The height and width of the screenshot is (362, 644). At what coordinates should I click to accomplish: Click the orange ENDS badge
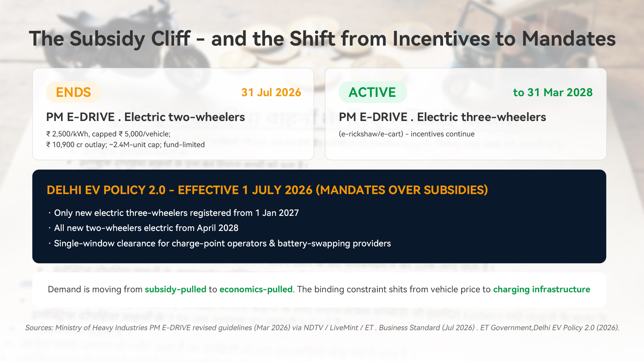pyautogui.click(x=73, y=92)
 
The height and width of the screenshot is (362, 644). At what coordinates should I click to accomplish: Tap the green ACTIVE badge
pyautogui.click(x=373, y=92)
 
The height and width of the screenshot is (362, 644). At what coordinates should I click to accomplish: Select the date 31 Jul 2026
pyautogui.click(x=271, y=93)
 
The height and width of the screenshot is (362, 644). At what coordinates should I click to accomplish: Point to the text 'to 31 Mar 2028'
pyautogui.click(x=553, y=93)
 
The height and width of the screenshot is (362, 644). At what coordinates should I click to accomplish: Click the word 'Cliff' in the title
pyautogui.click(x=171, y=39)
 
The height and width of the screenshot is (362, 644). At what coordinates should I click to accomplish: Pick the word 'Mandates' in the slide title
pyautogui.click(x=569, y=39)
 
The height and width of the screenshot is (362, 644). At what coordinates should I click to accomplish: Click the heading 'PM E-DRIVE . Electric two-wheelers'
pyautogui.click(x=146, y=117)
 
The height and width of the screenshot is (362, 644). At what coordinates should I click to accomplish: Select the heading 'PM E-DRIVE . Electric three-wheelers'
pyautogui.click(x=442, y=117)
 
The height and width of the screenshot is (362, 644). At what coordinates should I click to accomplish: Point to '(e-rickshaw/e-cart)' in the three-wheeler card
pyautogui.click(x=371, y=134)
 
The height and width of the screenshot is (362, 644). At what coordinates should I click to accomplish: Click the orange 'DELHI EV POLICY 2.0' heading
pyautogui.click(x=106, y=190)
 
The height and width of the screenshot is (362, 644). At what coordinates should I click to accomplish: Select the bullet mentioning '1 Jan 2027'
pyautogui.click(x=174, y=213)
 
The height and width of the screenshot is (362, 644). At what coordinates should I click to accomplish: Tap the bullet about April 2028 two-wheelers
pyautogui.click(x=144, y=228)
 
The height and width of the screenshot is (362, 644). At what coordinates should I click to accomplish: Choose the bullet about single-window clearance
pyautogui.click(x=220, y=243)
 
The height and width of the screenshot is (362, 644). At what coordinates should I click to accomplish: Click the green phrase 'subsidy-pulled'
pyautogui.click(x=175, y=289)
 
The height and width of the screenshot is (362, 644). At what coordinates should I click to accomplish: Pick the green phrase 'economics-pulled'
pyautogui.click(x=256, y=289)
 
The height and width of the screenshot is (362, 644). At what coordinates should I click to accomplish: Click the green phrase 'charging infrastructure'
pyautogui.click(x=542, y=289)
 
